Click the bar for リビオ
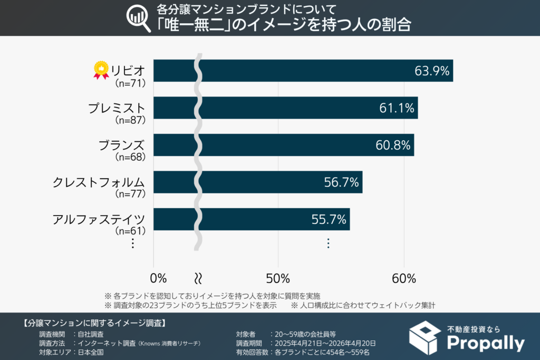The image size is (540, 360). pos(316,71)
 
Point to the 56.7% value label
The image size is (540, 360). pos(341,182)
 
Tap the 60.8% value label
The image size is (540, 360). pos(393,145)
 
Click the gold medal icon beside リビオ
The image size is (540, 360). pos(101,70)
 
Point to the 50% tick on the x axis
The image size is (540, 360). pos(278,278)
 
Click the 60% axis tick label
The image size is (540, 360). pos(404,278)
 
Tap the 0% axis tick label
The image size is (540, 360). pos(158,278)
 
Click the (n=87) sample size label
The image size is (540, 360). pos(130,120)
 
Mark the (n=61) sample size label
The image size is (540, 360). pos(130,230)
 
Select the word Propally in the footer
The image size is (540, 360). pos(486,343)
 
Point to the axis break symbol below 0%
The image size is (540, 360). pos(199,278)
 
